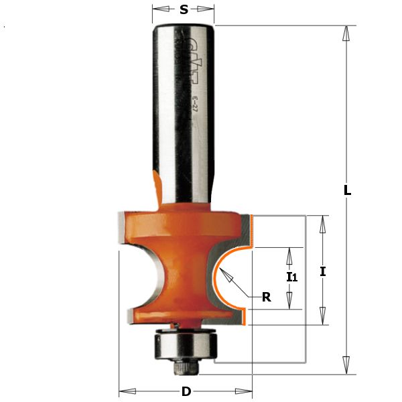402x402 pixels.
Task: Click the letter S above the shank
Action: click(x=184, y=9)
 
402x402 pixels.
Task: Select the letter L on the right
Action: click(x=347, y=190)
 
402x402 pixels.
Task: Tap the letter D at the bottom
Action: click(x=186, y=391)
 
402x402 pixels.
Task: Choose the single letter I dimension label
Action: click(x=322, y=271)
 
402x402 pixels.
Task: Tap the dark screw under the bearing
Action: click(x=184, y=366)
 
